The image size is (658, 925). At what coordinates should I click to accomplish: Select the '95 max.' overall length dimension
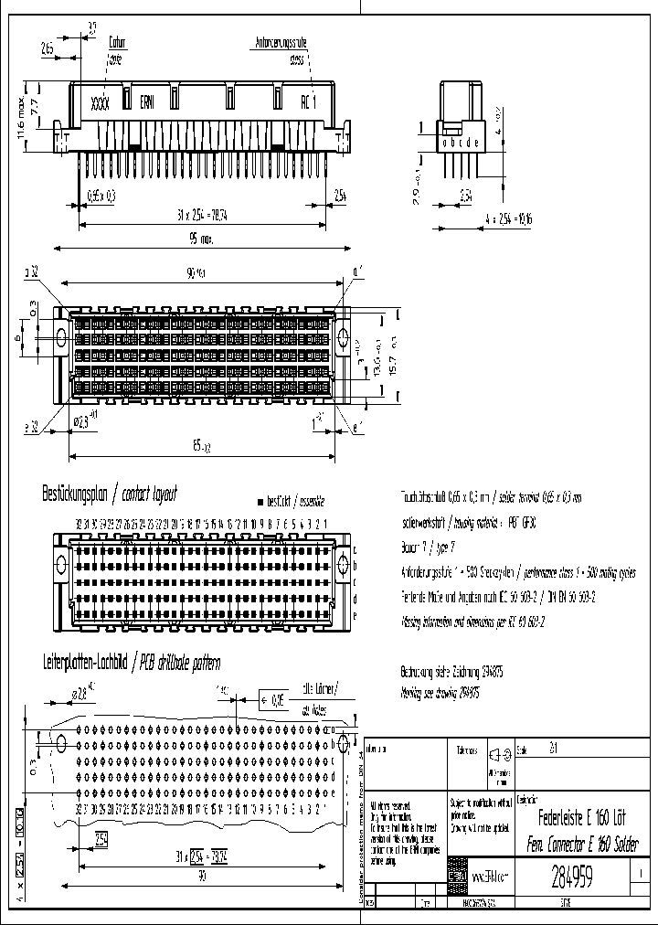[201, 239]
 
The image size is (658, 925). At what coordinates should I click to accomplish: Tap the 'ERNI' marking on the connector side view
[146, 102]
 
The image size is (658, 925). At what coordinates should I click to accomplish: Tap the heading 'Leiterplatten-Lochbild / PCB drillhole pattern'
[132, 663]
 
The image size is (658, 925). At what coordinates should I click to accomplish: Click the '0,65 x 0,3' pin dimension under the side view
[101, 195]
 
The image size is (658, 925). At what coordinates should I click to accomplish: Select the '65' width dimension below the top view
[198, 447]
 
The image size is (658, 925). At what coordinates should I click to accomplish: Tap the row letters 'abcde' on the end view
[460, 144]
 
